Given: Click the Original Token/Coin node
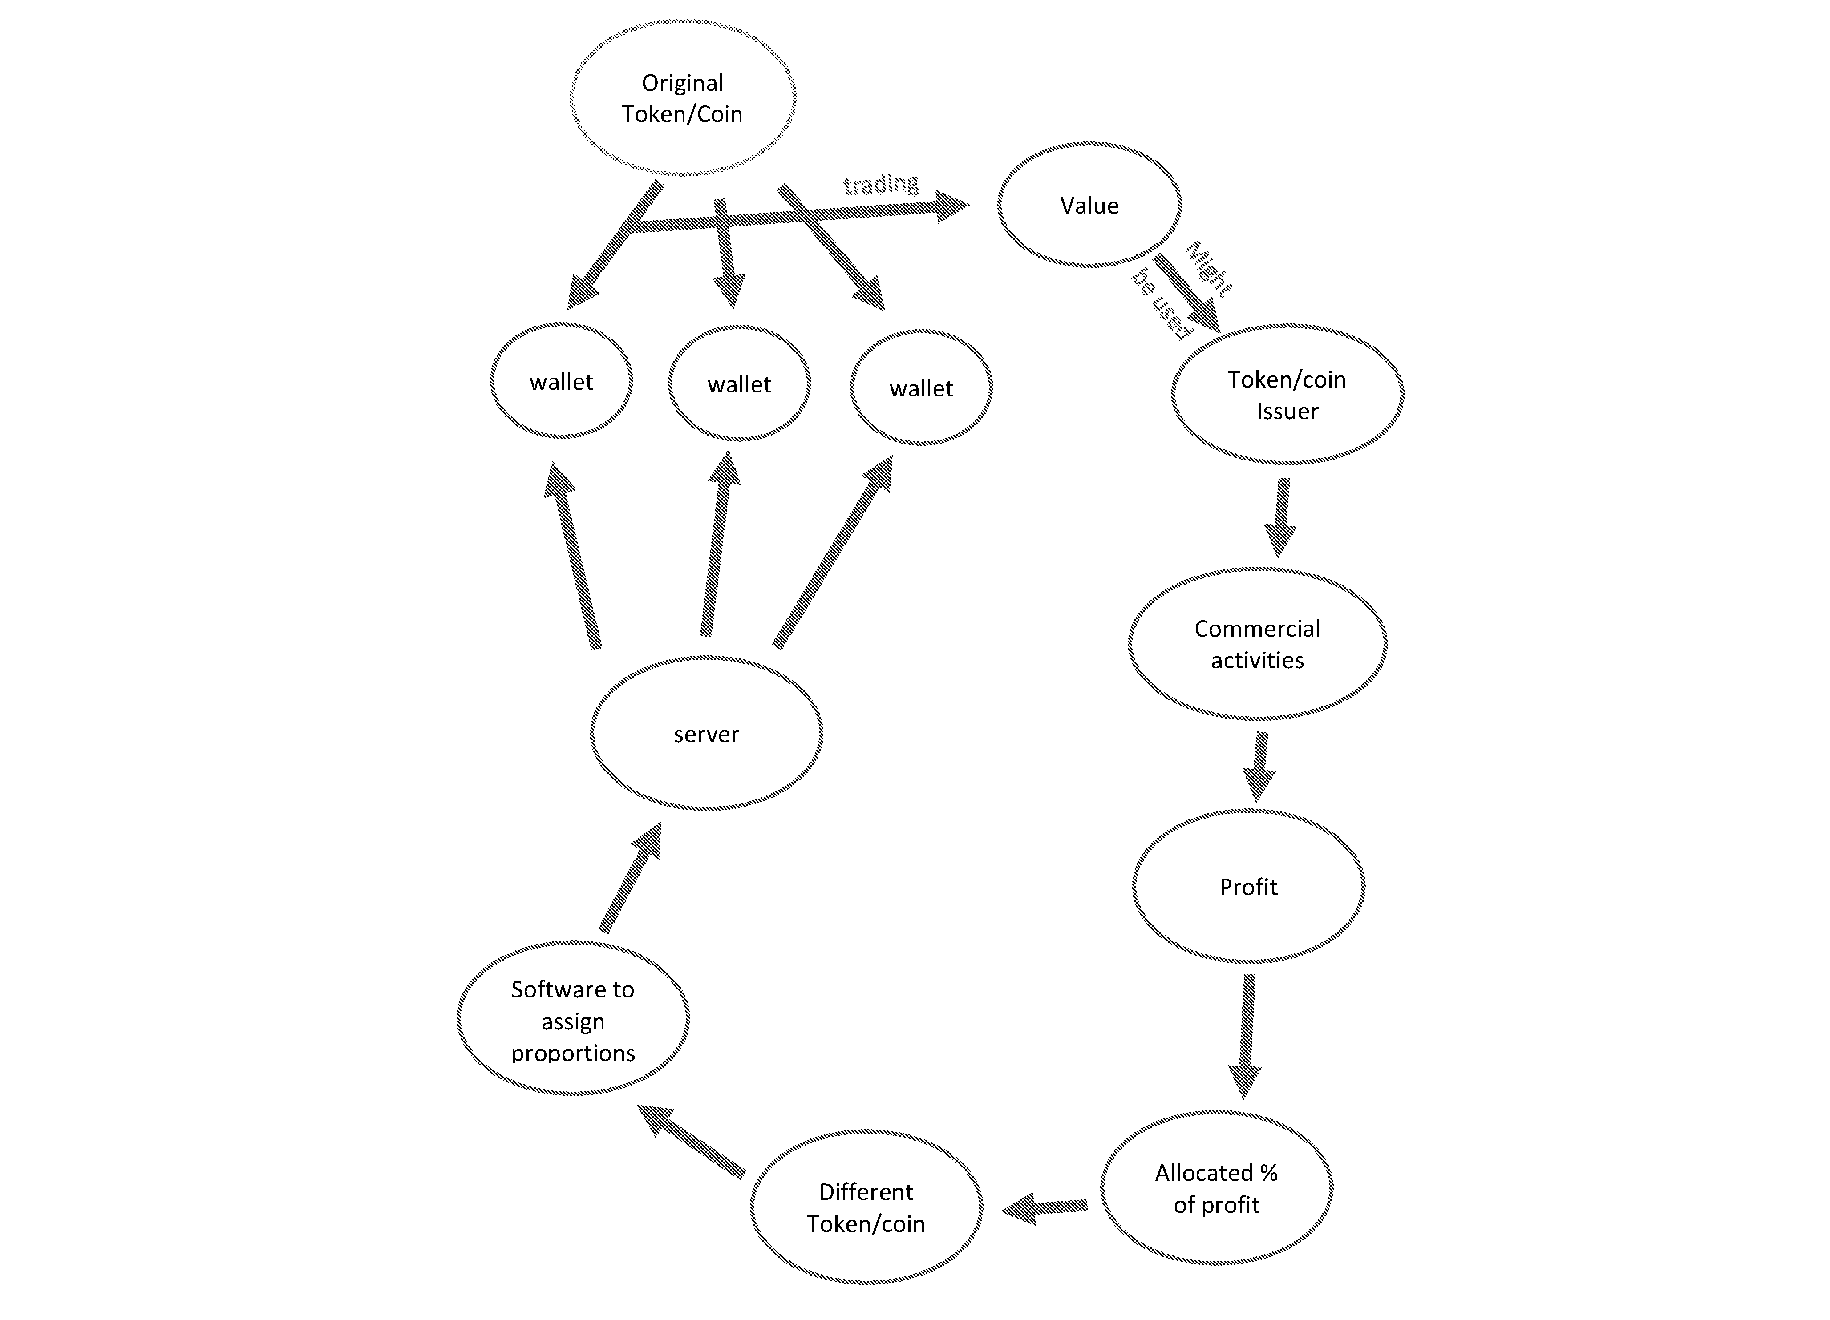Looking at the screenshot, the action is coord(683,97).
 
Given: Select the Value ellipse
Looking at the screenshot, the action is coord(1089,205).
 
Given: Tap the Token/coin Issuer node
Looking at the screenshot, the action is coord(1287,395).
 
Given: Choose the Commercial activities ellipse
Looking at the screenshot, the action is coord(1257,644).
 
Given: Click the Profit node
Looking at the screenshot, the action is coord(1248,887).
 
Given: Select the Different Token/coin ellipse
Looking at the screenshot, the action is coord(866,1207).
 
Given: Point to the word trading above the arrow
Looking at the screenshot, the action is coord(881,185).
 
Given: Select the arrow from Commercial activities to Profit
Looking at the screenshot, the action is coord(1259,767).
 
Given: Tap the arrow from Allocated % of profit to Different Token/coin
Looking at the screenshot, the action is coord(1045,1208).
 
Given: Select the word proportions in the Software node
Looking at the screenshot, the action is coord(573,1053).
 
